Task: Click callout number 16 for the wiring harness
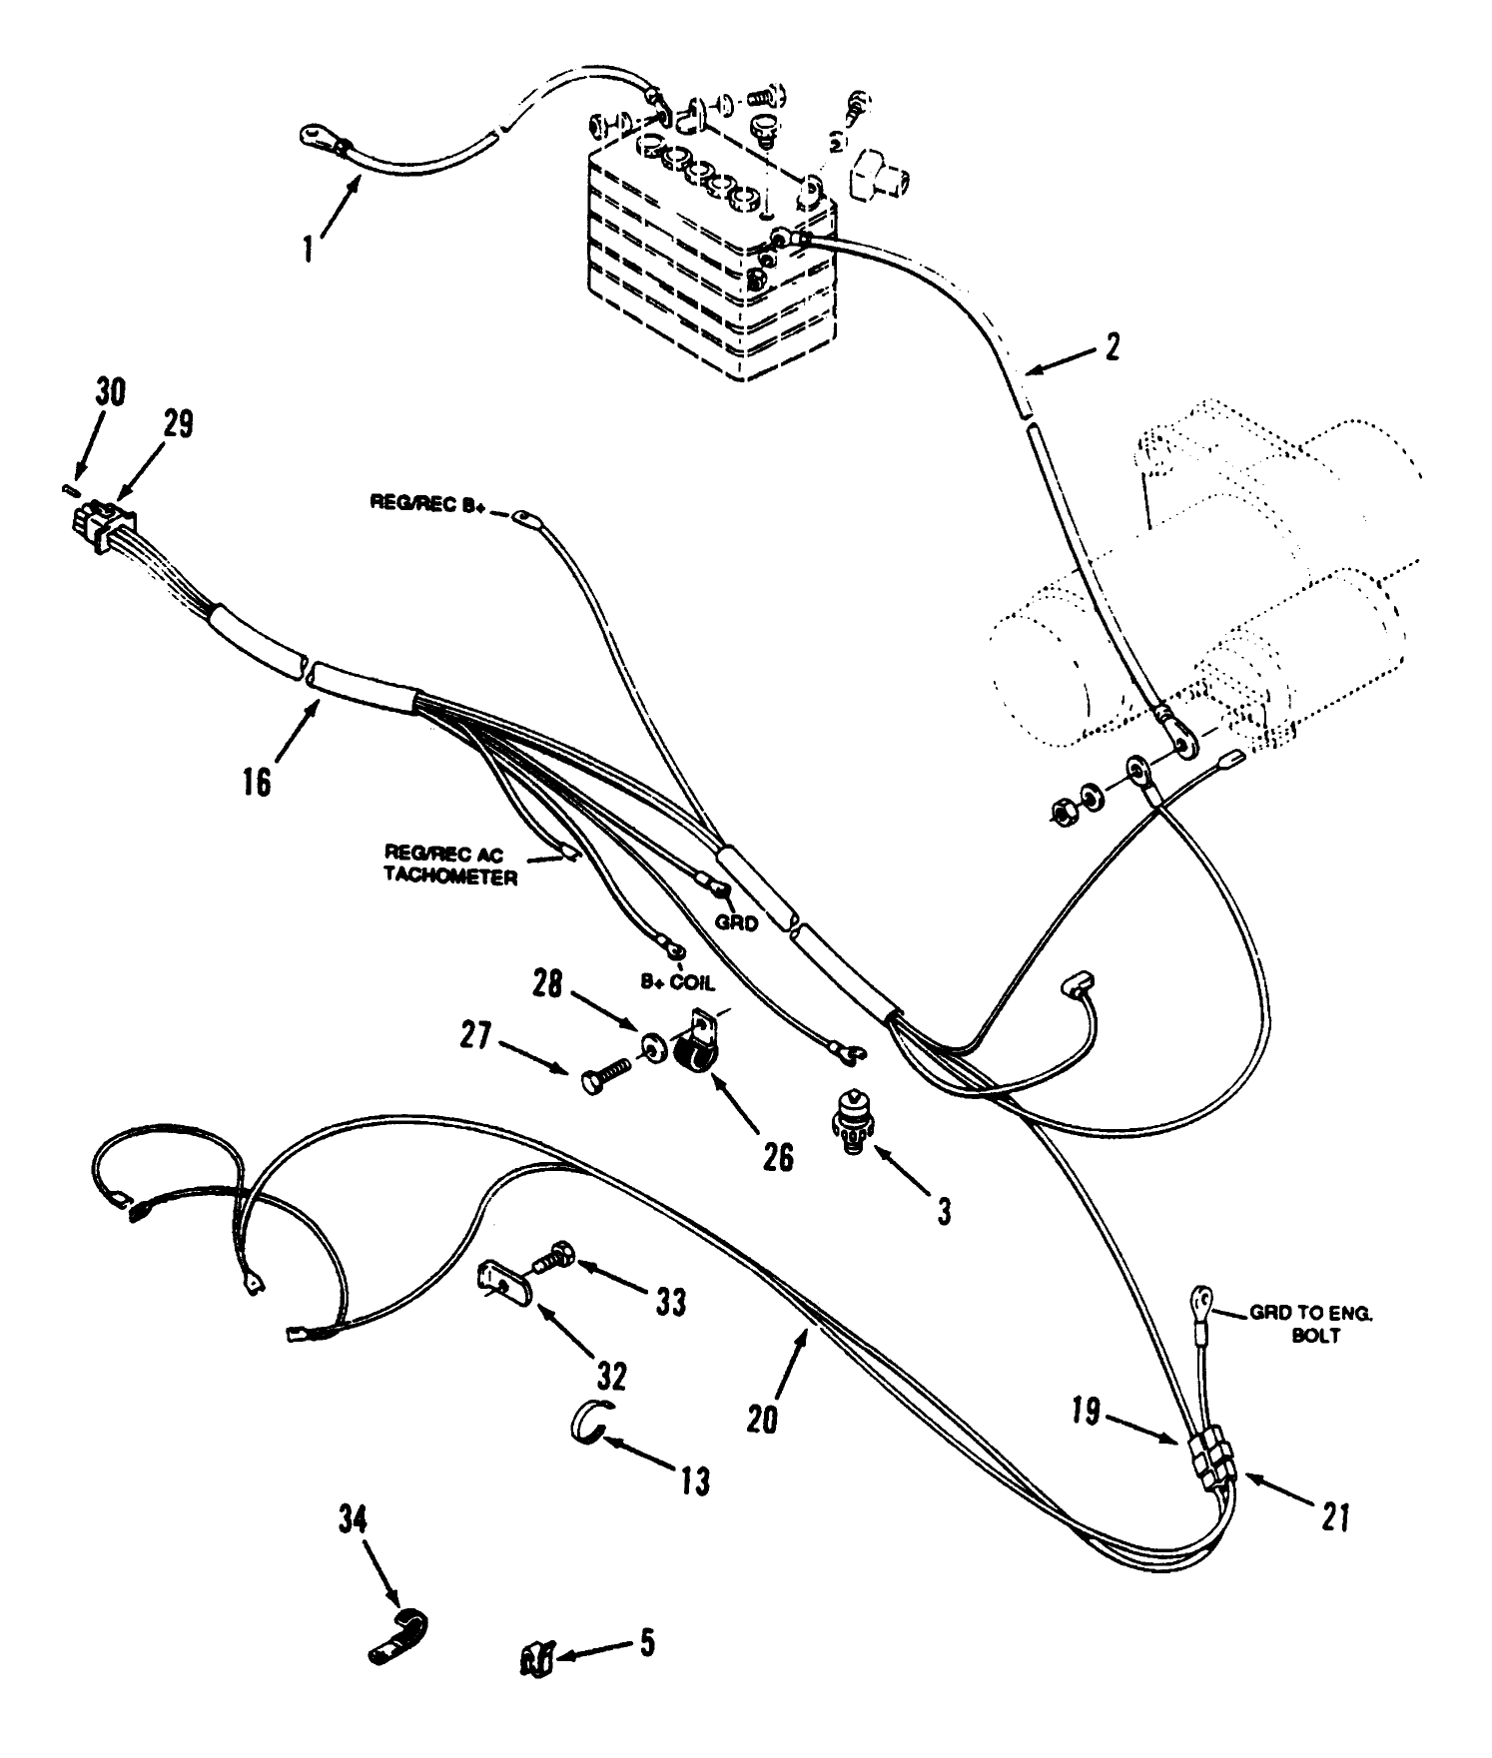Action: [257, 780]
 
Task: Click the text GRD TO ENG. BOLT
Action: [1311, 1325]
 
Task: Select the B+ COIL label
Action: [678, 983]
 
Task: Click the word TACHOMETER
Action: [450, 878]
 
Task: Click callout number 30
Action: [111, 392]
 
